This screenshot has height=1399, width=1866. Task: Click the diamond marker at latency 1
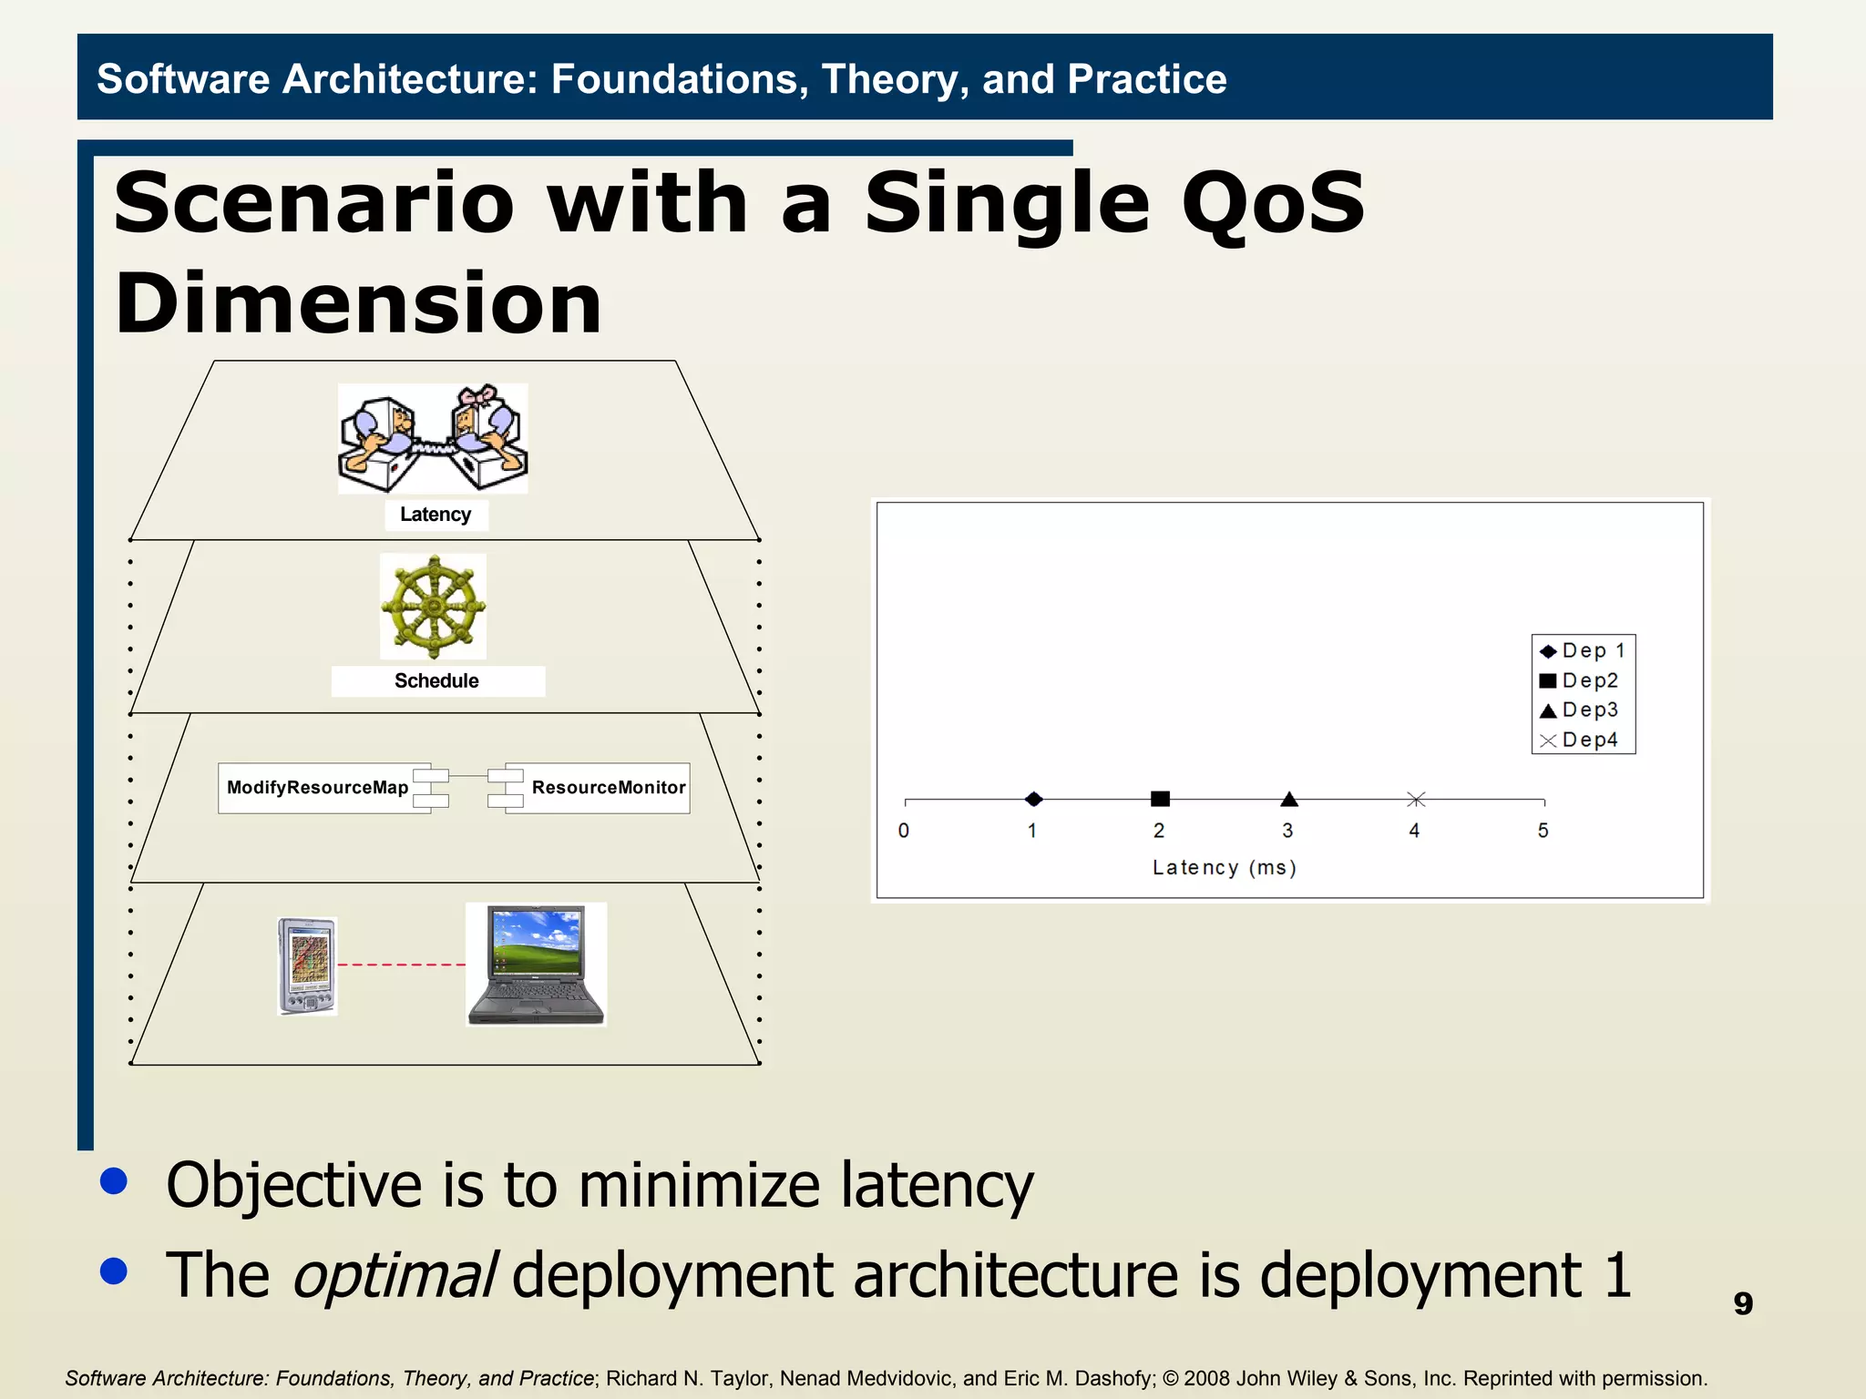pos(1033,799)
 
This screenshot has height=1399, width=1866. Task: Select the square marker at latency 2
pos(1160,799)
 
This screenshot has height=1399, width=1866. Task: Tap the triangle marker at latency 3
pos(1288,799)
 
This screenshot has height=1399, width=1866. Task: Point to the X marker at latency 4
pos(1415,799)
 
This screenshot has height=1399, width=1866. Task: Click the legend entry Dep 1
pos(1584,650)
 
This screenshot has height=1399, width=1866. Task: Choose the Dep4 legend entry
pos(1584,740)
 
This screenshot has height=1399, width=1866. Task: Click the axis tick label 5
pos(1543,831)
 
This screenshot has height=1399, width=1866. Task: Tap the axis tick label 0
pos(903,831)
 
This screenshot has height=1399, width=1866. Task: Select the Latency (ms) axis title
pos(1224,867)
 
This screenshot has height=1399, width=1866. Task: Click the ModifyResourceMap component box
pos(317,788)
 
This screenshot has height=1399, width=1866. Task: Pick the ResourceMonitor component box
pos(608,788)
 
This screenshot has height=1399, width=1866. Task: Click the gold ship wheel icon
pos(434,607)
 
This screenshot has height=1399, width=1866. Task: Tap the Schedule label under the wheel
pos(436,680)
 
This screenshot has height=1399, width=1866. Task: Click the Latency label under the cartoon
pos(436,515)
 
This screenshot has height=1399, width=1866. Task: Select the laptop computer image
pos(536,964)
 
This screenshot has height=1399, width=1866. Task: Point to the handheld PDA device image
pos(307,965)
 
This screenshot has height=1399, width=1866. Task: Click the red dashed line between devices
pos(401,964)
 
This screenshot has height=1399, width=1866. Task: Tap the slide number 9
pos(1742,1303)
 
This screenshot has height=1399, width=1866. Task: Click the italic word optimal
pos(393,1275)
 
